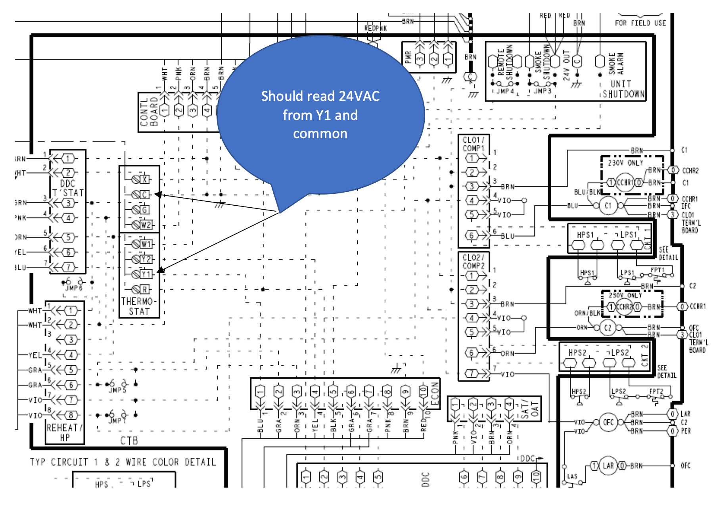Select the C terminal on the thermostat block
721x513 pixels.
click(x=144, y=195)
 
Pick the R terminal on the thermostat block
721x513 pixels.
click(x=145, y=289)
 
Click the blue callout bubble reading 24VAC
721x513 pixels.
click(x=320, y=115)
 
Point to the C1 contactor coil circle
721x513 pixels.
click(x=608, y=206)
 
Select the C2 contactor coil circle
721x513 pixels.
click(x=608, y=328)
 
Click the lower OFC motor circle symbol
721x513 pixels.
click(x=608, y=422)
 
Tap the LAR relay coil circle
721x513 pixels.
click(x=608, y=465)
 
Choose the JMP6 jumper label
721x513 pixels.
click(x=74, y=288)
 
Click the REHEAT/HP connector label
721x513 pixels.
click(x=65, y=432)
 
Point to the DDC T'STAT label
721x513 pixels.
click(x=68, y=188)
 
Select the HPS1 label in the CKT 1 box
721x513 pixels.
click(x=585, y=235)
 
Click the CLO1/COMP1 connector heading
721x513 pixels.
click(x=474, y=144)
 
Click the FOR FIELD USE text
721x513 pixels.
click(x=640, y=23)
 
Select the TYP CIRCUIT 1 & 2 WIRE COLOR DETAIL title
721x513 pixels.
click(x=123, y=462)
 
